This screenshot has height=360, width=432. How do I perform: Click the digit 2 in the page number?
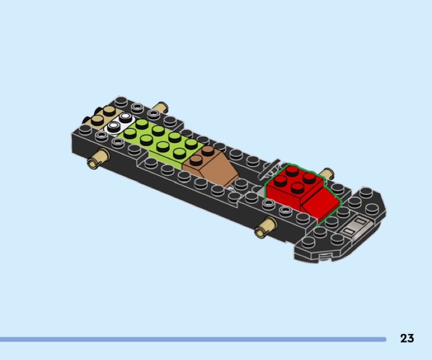(403, 338)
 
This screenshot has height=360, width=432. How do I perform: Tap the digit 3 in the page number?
(410, 338)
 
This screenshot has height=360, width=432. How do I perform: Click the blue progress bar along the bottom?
(193, 339)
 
